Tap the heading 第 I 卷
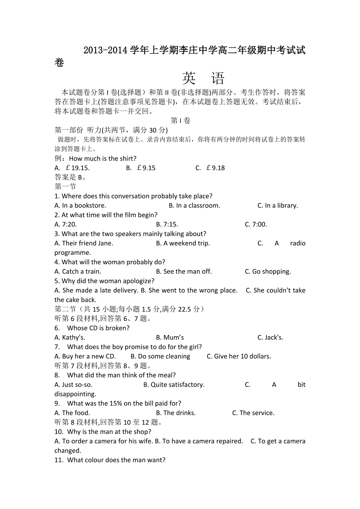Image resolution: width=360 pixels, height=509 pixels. click(x=180, y=121)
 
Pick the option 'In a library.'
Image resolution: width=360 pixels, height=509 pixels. click(x=277, y=206)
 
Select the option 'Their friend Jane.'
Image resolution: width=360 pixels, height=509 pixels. click(x=84, y=243)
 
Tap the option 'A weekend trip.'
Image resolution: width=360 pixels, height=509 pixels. click(x=183, y=243)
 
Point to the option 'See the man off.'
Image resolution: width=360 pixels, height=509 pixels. click(x=184, y=272)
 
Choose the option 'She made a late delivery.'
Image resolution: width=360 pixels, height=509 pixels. click(x=96, y=290)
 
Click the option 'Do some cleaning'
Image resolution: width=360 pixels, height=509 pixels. click(x=160, y=357)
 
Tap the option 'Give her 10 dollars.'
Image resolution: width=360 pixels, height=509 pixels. click(x=239, y=357)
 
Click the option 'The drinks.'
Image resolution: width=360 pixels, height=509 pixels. click(x=176, y=413)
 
